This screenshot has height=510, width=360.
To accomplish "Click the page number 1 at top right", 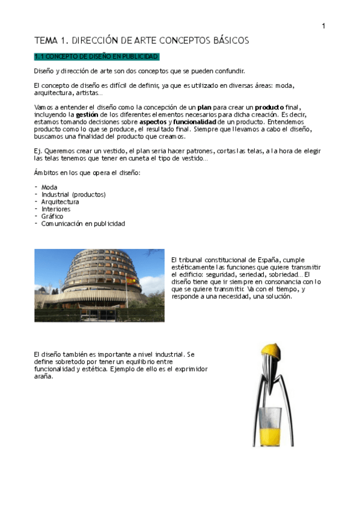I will click(323, 25).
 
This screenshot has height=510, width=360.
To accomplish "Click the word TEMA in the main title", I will click(44, 40).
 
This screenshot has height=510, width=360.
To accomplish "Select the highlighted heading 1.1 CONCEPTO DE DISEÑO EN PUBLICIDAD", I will click(97, 57).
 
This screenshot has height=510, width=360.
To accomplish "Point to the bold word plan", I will click(204, 106).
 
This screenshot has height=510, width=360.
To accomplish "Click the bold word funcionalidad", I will click(194, 121).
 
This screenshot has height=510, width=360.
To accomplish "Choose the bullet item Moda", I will click(49, 187).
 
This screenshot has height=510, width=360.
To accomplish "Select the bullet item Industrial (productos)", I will click(73, 194).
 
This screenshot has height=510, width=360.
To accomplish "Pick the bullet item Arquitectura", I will click(59, 201).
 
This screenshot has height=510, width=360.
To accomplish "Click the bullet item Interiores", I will click(56, 209).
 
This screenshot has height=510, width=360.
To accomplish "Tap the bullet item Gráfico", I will click(52, 216).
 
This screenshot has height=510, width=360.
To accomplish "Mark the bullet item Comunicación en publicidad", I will click(83, 223).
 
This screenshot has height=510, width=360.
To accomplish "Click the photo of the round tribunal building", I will click(99, 285).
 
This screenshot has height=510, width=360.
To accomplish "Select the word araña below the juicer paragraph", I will click(44, 378).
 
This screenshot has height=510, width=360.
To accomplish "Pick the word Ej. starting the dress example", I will click(38, 151).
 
